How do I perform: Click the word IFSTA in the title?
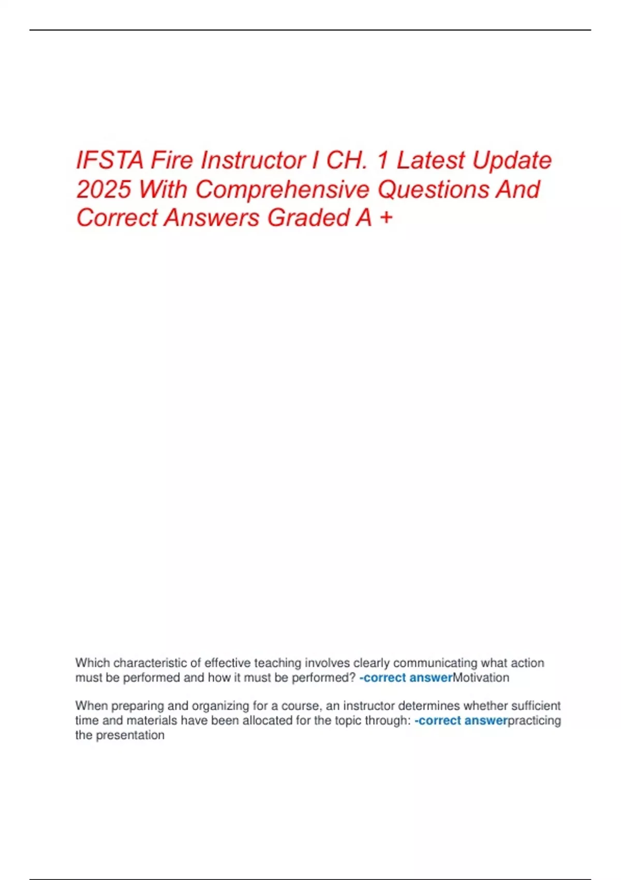click(x=109, y=160)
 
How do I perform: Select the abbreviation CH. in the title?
click(x=347, y=160)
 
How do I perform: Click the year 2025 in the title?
click(x=103, y=189)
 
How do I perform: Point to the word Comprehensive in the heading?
click(x=283, y=189)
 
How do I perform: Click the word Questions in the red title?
click(x=433, y=189)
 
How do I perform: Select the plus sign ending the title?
click(x=386, y=218)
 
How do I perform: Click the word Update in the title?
click(x=512, y=160)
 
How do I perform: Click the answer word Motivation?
click(x=481, y=678)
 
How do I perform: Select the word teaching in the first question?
click(x=277, y=663)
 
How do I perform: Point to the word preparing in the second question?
click(x=137, y=706)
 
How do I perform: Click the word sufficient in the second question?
click(x=536, y=706)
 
